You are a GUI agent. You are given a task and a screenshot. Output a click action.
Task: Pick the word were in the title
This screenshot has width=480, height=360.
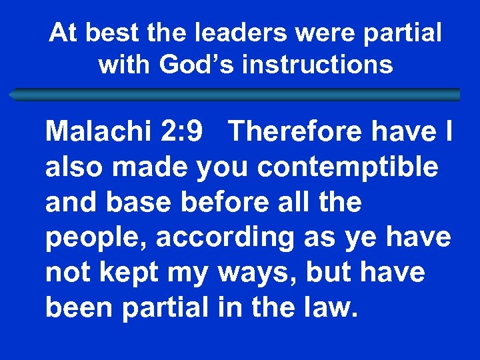(x=319, y=32)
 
